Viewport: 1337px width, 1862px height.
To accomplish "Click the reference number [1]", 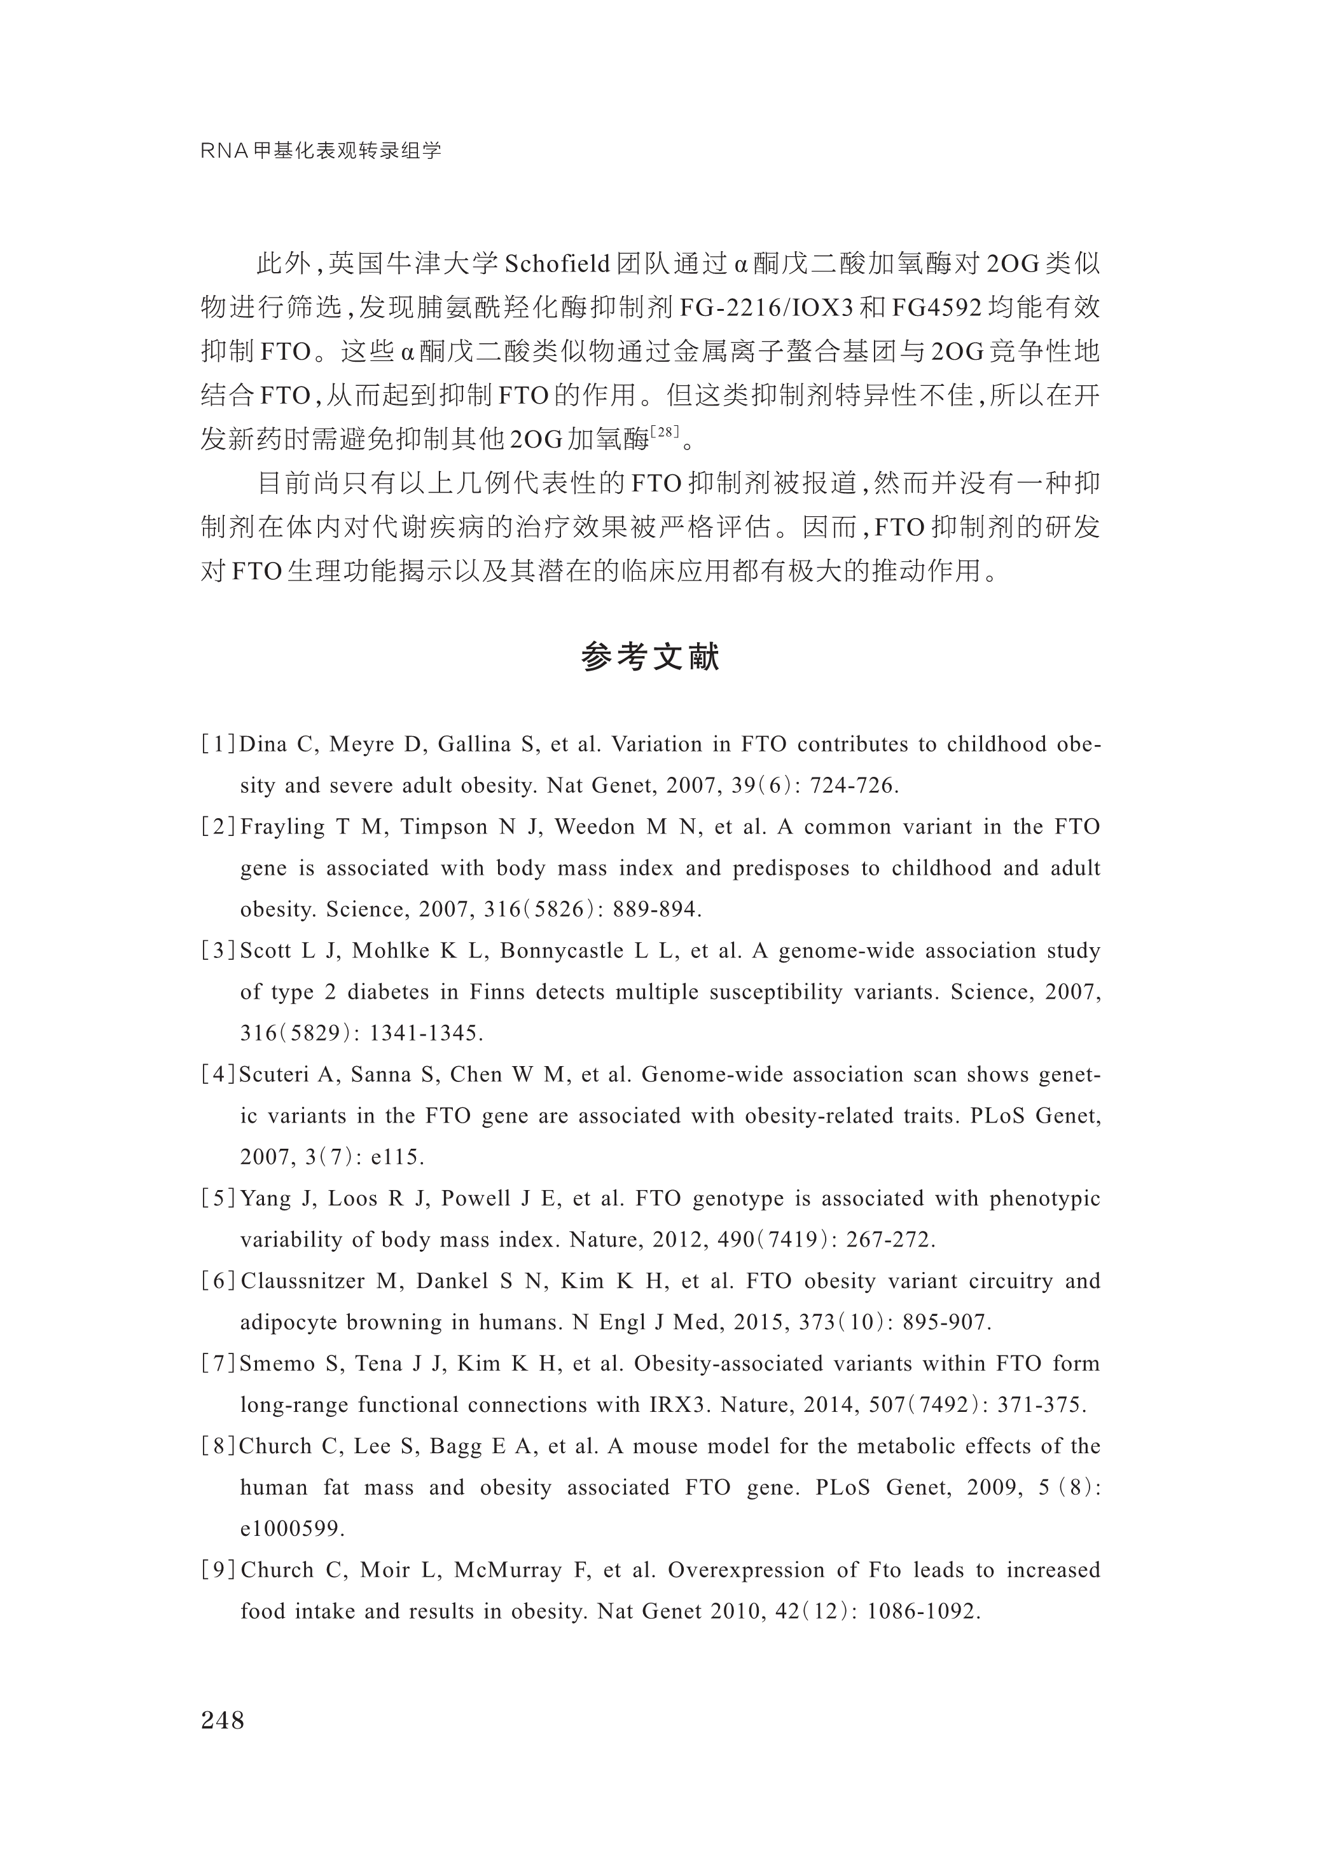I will pyautogui.click(x=218, y=744).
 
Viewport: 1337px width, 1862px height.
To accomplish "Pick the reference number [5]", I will pyautogui.click(x=218, y=1199).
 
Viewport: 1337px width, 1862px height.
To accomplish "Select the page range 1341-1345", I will pyautogui.click(x=426, y=1034).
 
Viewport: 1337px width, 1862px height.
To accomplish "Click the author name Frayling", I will pyautogui.click(x=282, y=826).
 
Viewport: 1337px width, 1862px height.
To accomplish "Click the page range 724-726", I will pyautogui.click(x=854, y=786).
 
